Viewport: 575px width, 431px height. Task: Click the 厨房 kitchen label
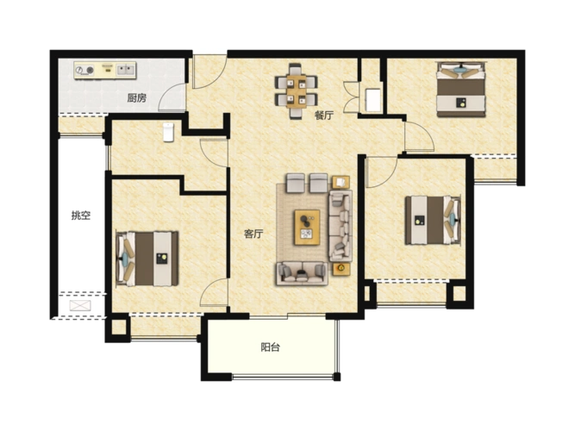(136, 98)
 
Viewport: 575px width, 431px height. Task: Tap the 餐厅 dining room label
(324, 116)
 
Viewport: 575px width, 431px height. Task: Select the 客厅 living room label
(253, 234)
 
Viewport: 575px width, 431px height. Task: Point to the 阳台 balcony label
(271, 347)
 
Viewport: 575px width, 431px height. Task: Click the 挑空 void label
(81, 215)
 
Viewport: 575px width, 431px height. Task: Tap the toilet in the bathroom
(168, 132)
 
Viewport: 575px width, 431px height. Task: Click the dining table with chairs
(297, 91)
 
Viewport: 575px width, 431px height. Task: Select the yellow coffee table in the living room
(307, 227)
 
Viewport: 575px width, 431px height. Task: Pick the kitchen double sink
(126, 69)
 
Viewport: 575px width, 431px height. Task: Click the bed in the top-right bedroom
(461, 90)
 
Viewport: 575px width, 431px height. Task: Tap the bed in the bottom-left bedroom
(147, 259)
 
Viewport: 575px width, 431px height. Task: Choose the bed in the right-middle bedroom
(433, 220)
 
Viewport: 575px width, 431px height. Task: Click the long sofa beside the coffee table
(341, 225)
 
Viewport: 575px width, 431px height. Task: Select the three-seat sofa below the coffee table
(302, 273)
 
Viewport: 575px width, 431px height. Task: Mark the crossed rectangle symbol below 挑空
(80, 305)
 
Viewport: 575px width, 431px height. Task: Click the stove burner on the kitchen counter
(91, 70)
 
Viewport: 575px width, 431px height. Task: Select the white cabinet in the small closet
(373, 99)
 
